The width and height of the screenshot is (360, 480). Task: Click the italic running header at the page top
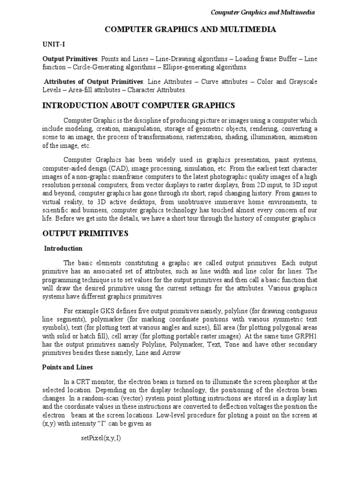(x=262, y=12)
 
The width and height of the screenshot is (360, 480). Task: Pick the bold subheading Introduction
(x=63, y=248)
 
